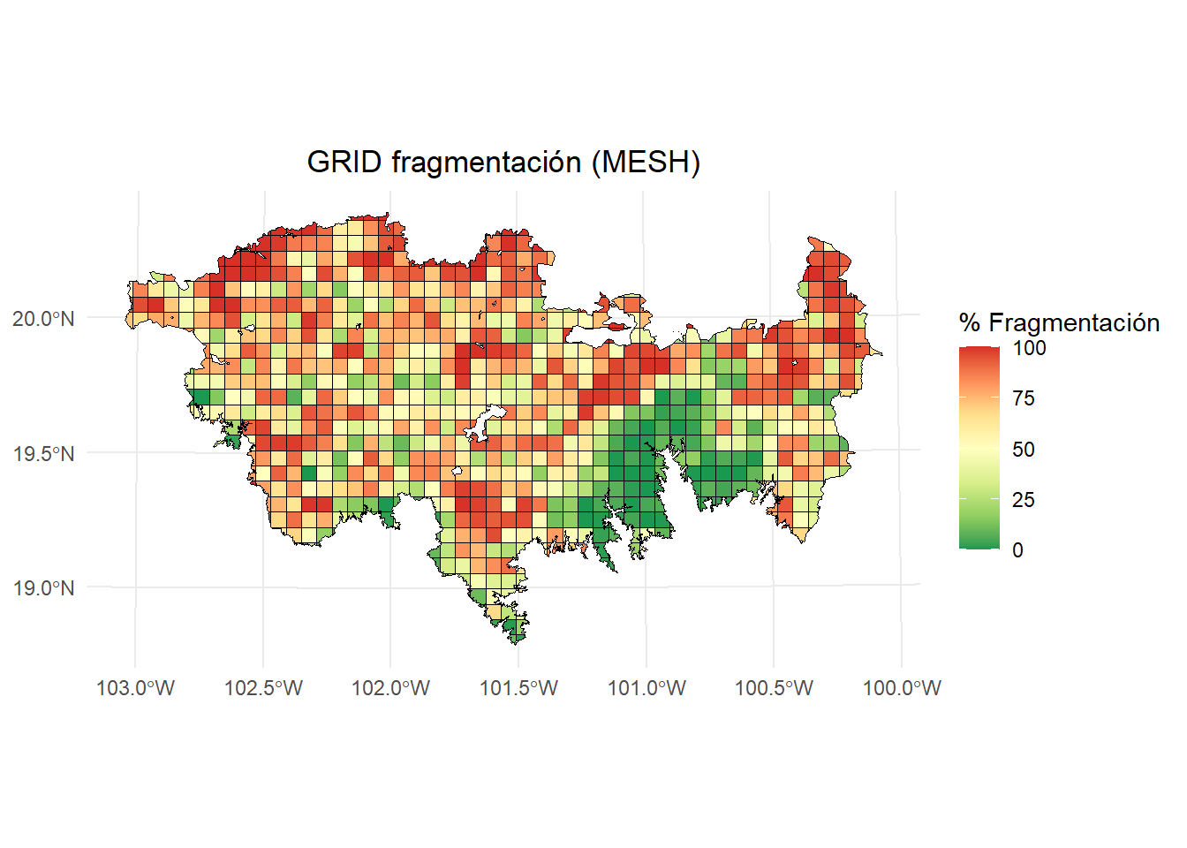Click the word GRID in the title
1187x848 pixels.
coord(344,163)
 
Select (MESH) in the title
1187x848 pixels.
coord(646,163)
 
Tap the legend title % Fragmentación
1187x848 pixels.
coord(1058,322)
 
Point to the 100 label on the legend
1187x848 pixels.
coord(1029,348)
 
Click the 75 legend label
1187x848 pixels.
coord(1023,398)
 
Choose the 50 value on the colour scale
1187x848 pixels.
coord(1023,450)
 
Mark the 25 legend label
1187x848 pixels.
coord(1023,500)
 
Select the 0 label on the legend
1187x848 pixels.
coord(1017,550)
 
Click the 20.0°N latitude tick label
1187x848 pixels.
coord(43,319)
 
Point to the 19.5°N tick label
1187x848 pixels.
coord(43,454)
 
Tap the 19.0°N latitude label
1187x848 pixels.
coord(43,588)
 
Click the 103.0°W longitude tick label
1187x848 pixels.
coord(135,688)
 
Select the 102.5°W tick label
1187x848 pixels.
coord(263,688)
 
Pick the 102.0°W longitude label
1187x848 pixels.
coord(390,688)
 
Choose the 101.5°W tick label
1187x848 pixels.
coord(518,688)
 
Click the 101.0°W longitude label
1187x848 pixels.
coord(646,688)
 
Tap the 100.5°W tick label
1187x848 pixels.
coord(774,688)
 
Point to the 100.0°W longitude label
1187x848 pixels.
coord(902,688)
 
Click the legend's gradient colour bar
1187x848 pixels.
coord(979,448)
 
